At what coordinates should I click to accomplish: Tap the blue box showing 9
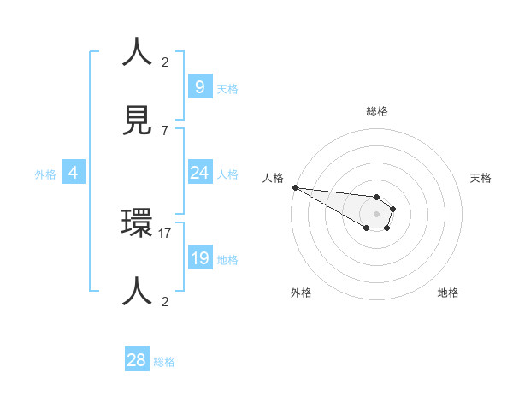(x=199, y=86)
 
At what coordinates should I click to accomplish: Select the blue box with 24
(x=199, y=173)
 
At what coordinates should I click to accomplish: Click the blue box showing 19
(x=199, y=258)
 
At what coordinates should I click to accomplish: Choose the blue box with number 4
(x=74, y=173)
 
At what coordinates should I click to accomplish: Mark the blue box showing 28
(x=137, y=360)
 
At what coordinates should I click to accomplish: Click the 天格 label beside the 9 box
(x=227, y=88)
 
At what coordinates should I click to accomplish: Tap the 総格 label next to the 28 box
(x=164, y=362)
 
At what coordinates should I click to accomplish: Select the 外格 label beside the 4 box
(x=45, y=174)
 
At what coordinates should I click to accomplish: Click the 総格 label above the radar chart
(x=376, y=111)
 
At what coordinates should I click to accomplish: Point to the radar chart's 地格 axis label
(x=448, y=293)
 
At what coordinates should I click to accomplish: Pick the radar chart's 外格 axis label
(x=301, y=293)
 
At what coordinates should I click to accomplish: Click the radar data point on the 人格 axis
(x=295, y=187)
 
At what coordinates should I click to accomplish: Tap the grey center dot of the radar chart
(x=376, y=214)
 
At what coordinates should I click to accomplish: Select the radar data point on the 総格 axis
(x=376, y=197)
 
